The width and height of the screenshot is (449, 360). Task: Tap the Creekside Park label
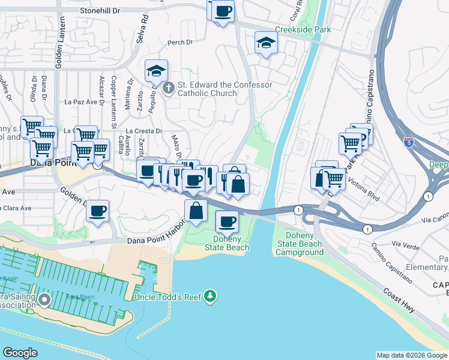click(x=303, y=29)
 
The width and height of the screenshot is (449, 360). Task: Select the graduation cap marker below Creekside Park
click(x=266, y=43)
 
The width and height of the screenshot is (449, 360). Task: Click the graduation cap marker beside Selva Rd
click(x=156, y=71)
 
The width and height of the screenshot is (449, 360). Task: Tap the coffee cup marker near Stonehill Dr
click(x=223, y=11)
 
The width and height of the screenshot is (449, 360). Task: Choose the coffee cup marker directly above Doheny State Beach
click(x=226, y=222)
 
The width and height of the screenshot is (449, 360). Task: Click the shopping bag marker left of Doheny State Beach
click(x=196, y=211)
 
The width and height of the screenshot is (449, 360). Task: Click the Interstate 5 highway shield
click(x=409, y=143)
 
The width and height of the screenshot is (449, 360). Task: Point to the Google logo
click(x=20, y=353)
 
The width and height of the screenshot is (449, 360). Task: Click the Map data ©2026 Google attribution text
click(x=411, y=355)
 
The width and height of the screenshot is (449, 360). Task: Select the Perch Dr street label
click(x=180, y=42)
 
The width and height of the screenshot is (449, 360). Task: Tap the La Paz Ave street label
click(x=80, y=102)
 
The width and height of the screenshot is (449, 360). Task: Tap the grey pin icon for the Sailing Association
click(x=44, y=299)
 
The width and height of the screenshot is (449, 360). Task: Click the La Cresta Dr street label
click(x=145, y=131)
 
